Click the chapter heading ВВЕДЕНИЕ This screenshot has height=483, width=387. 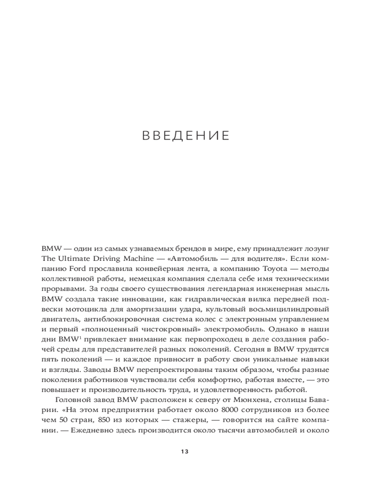point(186,136)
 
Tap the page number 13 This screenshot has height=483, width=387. point(184,452)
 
